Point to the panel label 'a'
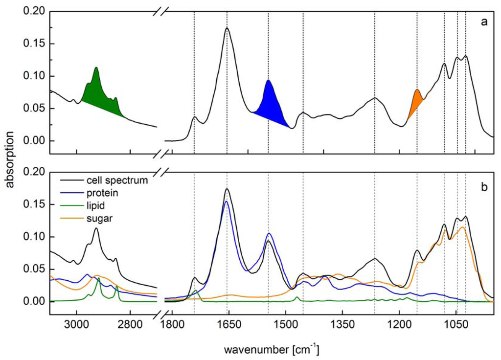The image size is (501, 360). point(484,22)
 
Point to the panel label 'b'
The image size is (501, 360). point(484,186)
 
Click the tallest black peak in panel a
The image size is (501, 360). point(227,29)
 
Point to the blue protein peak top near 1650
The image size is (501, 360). point(226,201)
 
